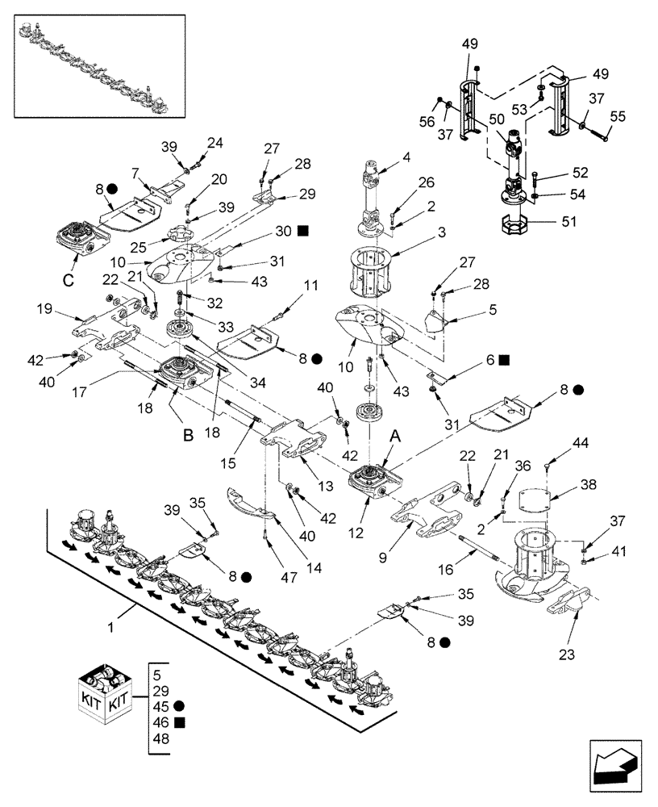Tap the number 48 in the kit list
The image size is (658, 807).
[x=161, y=738]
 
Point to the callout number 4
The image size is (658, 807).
[x=406, y=157]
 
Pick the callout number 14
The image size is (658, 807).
[x=314, y=567]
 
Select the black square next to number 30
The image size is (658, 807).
[x=303, y=230]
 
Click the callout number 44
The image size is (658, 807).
[x=581, y=442]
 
